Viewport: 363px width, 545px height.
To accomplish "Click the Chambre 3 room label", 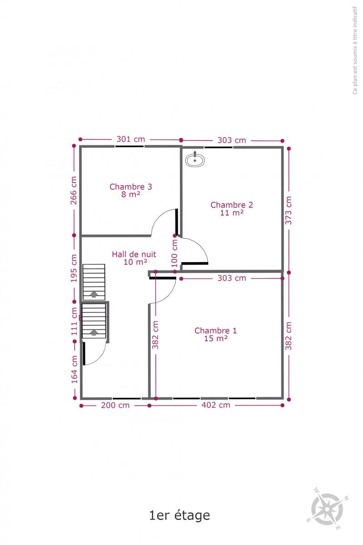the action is pyautogui.click(x=131, y=190).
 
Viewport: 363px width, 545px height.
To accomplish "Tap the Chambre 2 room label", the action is pyautogui.click(x=232, y=209).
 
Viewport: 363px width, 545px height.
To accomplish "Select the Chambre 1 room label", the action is pyautogui.click(x=216, y=334).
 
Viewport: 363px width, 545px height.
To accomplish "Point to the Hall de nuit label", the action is pyautogui.click(x=134, y=258).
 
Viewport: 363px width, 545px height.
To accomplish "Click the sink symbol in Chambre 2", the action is pyautogui.click(x=195, y=159).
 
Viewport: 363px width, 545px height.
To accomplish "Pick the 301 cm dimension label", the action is pyautogui.click(x=131, y=139).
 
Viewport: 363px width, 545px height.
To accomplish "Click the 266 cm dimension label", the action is pyautogui.click(x=74, y=190).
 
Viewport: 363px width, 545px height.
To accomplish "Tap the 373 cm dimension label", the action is pyautogui.click(x=288, y=210).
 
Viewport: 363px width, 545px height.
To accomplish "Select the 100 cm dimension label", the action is pyautogui.click(x=174, y=253).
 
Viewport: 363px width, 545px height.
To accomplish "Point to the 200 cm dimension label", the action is pyautogui.click(x=115, y=405).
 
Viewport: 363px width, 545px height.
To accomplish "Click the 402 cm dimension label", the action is pyautogui.click(x=216, y=405).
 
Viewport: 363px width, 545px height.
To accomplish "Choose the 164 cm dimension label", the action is pyautogui.click(x=74, y=369).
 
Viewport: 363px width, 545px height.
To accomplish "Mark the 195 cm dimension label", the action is pyautogui.click(x=74, y=268).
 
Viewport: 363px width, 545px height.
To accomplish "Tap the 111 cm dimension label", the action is pyautogui.click(x=74, y=322).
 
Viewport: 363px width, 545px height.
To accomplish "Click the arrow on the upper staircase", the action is pyautogui.click(x=94, y=294).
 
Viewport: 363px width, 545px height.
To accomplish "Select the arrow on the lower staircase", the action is pyautogui.click(x=94, y=332).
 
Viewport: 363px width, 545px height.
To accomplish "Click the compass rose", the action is pyautogui.click(x=328, y=509).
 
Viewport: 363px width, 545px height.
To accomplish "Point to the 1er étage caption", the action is pyautogui.click(x=179, y=515).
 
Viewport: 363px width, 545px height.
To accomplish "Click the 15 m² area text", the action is pyautogui.click(x=216, y=338).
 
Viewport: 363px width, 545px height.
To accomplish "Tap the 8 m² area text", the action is pyautogui.click(x=131, y=194).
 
